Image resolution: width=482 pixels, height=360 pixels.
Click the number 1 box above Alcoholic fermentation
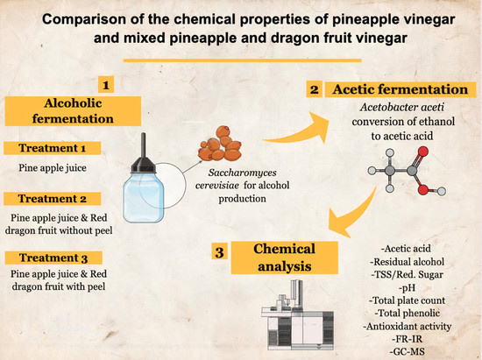107,85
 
